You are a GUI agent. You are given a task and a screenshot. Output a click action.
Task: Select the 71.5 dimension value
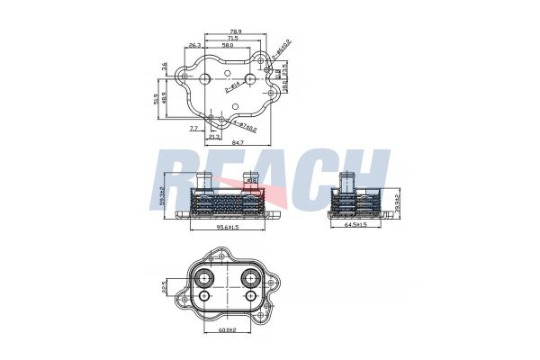click(x=233, y=39)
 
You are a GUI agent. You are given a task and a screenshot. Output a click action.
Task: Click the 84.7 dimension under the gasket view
click(x=237, y=142)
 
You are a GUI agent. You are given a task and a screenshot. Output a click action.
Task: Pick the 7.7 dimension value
click(x=193, y=129)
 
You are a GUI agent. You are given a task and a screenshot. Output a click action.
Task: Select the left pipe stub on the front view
click(x=202, y=182)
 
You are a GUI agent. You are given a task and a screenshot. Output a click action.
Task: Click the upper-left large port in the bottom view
click(x=205, y=275)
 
